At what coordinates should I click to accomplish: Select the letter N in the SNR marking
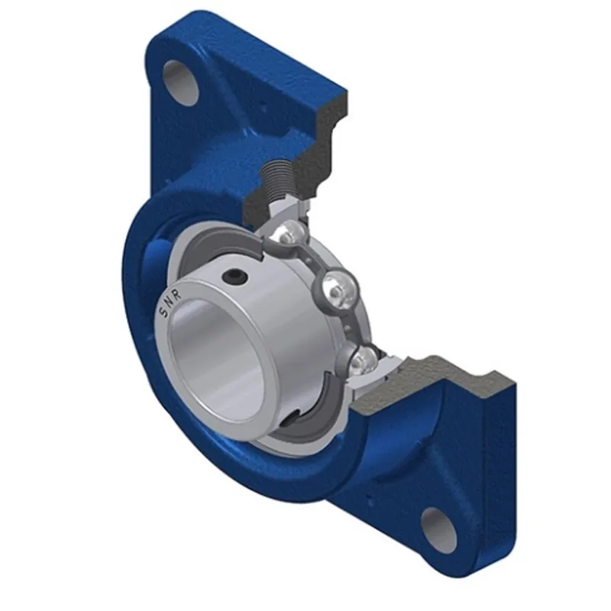coord(170,300)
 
